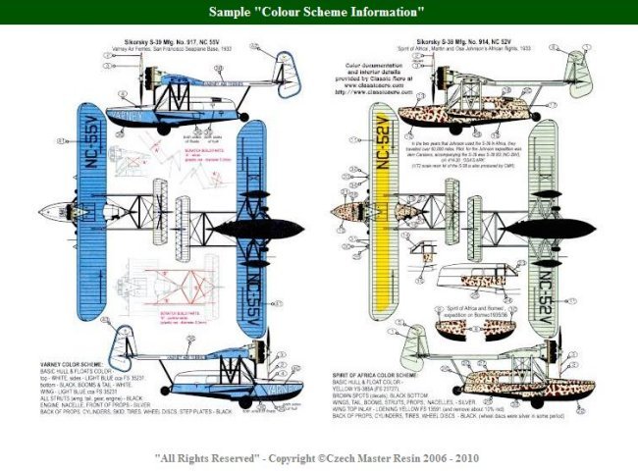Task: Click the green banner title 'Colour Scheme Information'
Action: click(x=318, y=12)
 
